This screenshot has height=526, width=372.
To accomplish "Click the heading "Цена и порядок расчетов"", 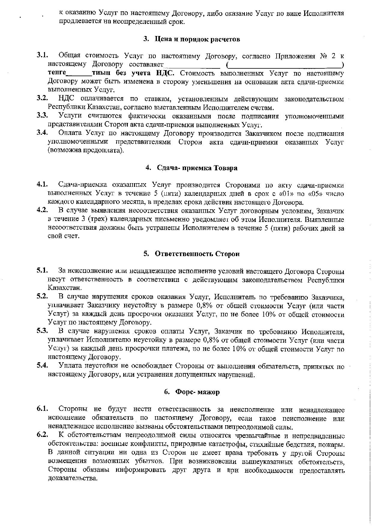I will click(197, 39).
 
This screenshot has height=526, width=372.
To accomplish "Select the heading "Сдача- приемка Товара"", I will click(197, 168).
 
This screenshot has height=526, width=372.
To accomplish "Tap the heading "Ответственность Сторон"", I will click(197, 254).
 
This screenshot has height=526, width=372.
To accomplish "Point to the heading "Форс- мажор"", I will click(197, 392).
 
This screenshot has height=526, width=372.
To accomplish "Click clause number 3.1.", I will click(42, 55).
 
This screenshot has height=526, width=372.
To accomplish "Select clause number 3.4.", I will click(42, 133).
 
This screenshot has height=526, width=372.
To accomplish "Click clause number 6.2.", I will click(42, 435).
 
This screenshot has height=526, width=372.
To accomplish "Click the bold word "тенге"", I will click(57, 73).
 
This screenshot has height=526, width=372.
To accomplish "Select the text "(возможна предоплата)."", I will click(86, 150).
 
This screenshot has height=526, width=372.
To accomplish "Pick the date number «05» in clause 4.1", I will click(316, 194).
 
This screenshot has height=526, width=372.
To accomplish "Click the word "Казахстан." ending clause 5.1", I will click(65, 288).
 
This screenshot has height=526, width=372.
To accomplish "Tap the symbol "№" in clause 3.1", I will click(324, 56).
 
